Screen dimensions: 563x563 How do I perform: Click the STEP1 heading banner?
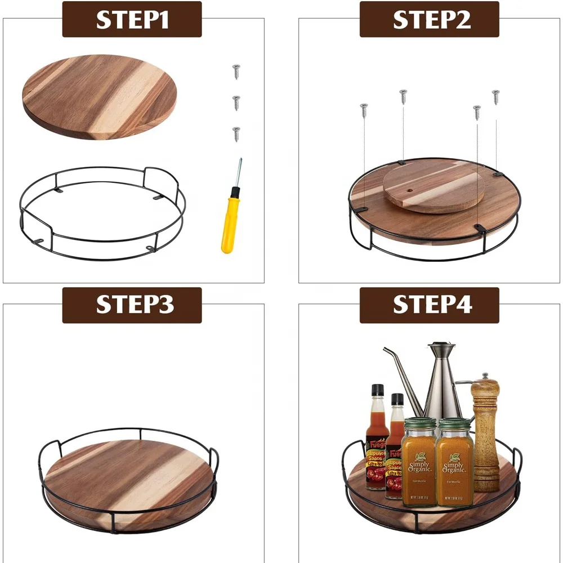coord(132,19)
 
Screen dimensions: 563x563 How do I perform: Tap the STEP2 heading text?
coord(429,19)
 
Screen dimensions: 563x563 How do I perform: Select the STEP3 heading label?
coord(132,305)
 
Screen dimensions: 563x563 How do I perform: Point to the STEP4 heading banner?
coord(429,305)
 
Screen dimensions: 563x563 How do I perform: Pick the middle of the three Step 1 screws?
coord(236,102)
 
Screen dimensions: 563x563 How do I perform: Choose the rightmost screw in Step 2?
coord(495,97)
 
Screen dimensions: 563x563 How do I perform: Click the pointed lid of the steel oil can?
coord(441,347)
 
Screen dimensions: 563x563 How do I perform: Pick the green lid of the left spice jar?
coord(420,423)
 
